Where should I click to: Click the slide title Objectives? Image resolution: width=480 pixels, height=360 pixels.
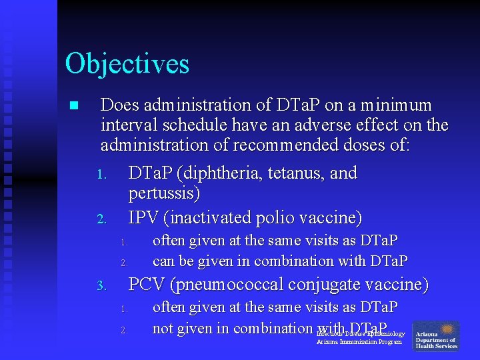click(x=127, y=64)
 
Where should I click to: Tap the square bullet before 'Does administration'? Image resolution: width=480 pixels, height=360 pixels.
click(x=73, y=105)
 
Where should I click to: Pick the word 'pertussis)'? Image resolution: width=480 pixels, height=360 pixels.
click(x=164, y=193)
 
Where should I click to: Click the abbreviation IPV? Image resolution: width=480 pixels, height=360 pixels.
click(x=142, y=217)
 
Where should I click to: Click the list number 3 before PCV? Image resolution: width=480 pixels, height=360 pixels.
click(x=101, y=286)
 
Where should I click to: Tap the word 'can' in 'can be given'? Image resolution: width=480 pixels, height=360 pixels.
click(x=163, y=261)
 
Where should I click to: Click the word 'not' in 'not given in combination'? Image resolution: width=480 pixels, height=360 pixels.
click(x=163, y=329)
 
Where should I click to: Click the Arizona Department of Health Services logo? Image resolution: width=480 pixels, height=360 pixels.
click(x=436, y=337)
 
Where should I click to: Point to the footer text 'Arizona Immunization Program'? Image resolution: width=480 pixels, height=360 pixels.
click(x=359, y=342)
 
